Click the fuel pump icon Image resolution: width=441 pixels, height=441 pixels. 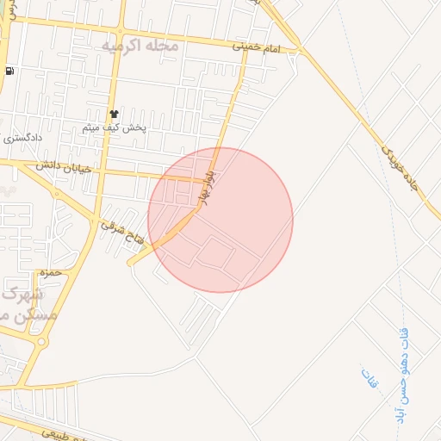[9, 71]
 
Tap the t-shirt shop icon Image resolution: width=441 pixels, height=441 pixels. [113, 114]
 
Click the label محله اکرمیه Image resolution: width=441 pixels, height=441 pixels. [140, 45]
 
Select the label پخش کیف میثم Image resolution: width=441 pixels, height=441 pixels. [115, 127]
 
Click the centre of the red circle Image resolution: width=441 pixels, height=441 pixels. [220, 220]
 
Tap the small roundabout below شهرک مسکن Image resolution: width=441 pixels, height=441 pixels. [41, 342]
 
